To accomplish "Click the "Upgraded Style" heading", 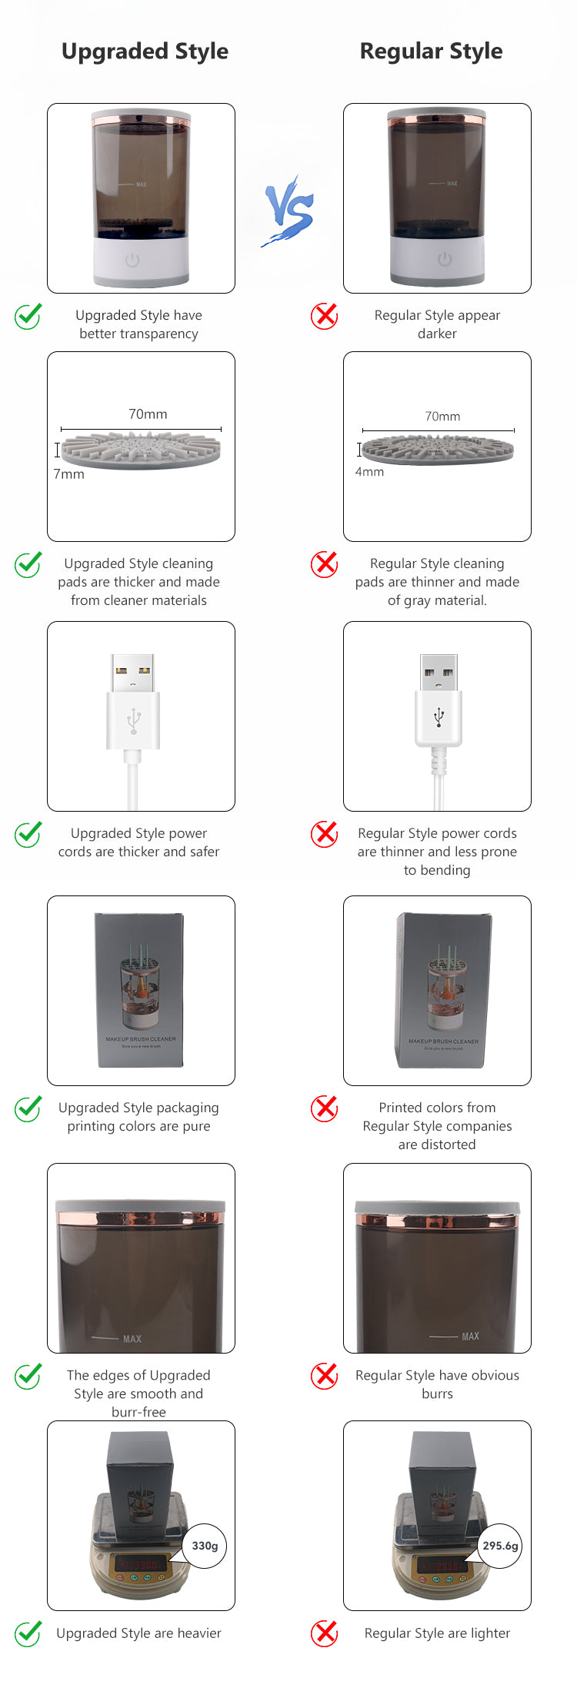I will [x=145, y=51].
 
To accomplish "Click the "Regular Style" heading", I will [x=431, y=51].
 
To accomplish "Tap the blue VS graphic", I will [x=289, y=211].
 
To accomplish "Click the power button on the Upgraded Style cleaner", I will [x=132, y=260].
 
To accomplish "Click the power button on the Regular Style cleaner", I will [x=445, y=260].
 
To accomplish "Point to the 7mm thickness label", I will [x=69, y=474].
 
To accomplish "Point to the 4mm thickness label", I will [x=369, y=472].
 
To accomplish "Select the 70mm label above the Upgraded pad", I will [x=148, y=414].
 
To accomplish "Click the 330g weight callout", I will [x=205, y=1546].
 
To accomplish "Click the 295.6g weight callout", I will [x=500, y=1546].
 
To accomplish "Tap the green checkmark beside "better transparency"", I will [x=28, y=316].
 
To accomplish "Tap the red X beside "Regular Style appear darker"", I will [x=325, y=315].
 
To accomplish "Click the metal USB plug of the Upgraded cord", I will [x=132, y=673].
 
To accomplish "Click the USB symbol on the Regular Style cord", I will [x=439, y=717].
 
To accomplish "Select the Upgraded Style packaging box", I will [x=140, y=990].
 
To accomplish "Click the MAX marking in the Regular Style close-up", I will [x=470, y=1337].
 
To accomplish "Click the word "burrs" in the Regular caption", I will [x=437, y=1394].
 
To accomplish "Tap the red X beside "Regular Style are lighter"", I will [x=325, y=1633].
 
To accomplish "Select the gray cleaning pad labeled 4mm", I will [x=437, y=449].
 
